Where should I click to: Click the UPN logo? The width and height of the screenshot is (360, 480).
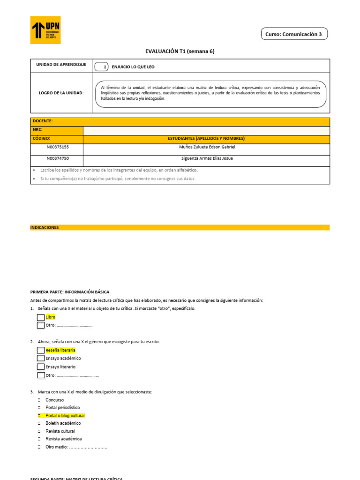45,30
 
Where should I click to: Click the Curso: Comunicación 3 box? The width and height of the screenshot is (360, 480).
293,34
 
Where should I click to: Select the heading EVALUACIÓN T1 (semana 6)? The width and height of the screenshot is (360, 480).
180,52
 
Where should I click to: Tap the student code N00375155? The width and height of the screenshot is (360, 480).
58,147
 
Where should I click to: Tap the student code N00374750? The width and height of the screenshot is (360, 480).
58,158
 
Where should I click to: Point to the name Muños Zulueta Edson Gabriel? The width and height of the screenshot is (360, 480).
207,147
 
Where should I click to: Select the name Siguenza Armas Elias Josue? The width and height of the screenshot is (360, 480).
207,158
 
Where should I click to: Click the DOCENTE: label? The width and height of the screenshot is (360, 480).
43,121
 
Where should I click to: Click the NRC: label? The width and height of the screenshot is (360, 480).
37,129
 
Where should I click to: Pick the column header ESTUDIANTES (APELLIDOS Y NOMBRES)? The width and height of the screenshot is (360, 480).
207,138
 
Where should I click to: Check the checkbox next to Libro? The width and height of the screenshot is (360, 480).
41,317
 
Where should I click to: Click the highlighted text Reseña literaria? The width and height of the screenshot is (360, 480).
60,350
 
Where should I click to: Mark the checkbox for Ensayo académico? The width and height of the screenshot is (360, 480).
41,359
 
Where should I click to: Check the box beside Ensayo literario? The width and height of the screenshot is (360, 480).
41,367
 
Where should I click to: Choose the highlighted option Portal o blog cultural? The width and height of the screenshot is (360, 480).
65,416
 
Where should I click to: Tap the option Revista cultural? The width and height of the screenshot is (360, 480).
60,431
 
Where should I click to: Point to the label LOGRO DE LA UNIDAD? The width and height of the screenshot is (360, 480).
61,93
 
